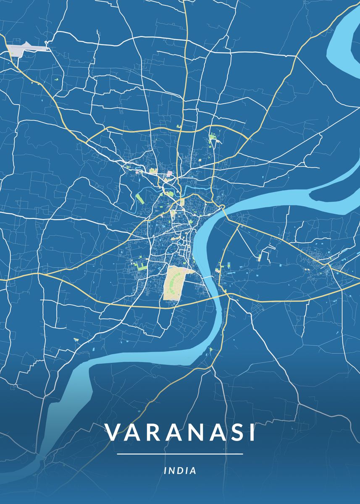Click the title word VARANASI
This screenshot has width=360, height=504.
coord(180,433)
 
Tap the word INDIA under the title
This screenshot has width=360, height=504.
coord(180,470)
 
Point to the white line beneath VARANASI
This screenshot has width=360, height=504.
coord(180,454)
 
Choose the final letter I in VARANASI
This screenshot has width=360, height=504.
coord(252,433)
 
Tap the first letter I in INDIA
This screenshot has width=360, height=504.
coord(166,470)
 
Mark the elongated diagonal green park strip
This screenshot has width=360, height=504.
coord(140,197)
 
